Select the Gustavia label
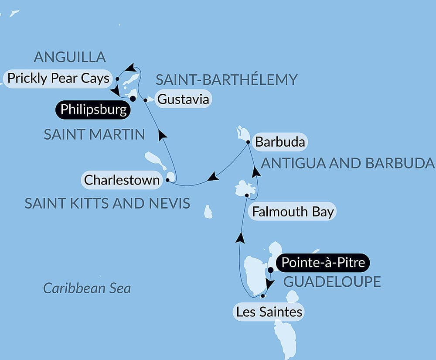[x=183, y=99]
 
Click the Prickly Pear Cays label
[x=58, y=79]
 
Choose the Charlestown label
[x=122, y=180]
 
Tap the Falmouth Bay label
[x=293, y=212]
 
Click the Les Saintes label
[x=269, y=312]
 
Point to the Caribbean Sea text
[x=87, y=288]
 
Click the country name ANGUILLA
[x=70, y=57]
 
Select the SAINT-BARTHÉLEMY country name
[x=226, y=79]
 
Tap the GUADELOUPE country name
[x=332, y=281]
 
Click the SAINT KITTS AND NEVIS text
[x=107, y=203]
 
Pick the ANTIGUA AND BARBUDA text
[x=347, y=163]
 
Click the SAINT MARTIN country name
[x=94, y=134]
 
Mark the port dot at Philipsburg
[x=133, y=99]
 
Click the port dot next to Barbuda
[x=248, y=142]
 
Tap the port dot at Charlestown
[x=168, y=179]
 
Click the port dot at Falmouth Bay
[x=247, y=195]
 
